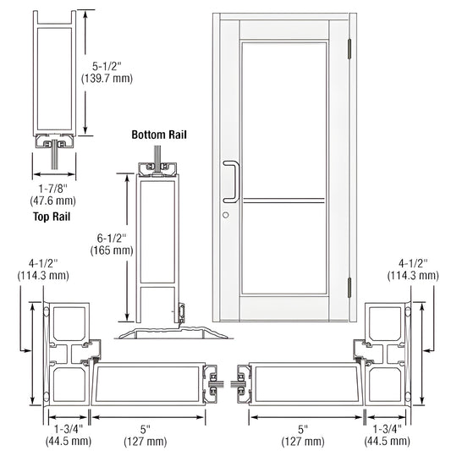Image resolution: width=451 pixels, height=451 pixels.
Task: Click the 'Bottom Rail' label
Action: tap(158, 135)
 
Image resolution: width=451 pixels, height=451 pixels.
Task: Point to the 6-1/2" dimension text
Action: tap(112, 238)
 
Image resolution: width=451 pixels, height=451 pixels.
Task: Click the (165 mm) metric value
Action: tap(112, 250)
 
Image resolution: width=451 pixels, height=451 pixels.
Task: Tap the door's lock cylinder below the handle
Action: tap(226, 215)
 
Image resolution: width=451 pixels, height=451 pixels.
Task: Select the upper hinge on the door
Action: tap(348, 50)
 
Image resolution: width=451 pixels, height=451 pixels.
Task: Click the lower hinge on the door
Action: tap(348, 287)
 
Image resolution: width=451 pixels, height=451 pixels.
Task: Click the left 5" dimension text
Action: tap(148, 428)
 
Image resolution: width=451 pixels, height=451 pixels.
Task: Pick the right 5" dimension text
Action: tap(302, 428)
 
